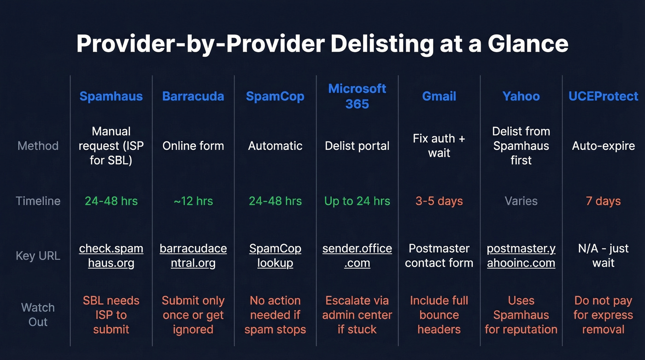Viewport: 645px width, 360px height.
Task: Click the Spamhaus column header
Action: tap(111, 96)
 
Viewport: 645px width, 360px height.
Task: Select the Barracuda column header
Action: tap(193, 96)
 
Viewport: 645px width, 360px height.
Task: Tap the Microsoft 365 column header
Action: tap(357, 96)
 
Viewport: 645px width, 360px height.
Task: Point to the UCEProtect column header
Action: tap(603, 96)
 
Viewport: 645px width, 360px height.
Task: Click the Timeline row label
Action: tap(38, 201)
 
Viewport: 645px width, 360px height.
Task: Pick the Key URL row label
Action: tap(38, 256)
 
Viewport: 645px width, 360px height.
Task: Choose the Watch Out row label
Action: tap(38, 315)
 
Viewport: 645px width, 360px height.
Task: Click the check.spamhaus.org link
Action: tap(111, 256)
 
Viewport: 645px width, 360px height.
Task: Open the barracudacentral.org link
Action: tap(193, 256)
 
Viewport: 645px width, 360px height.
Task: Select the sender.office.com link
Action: tap(357, 256)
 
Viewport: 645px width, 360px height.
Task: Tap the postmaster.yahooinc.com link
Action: tap(521, 256)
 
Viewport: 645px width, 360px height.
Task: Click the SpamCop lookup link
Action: tap(275, 256)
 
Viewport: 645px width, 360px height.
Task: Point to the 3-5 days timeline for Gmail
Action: tap(439, 201)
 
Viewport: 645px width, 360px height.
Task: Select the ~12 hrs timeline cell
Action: tap(193, 201)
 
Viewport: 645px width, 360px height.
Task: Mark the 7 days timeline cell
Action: tap(603, 201)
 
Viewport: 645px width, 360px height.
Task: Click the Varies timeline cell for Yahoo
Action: tap(521, 201)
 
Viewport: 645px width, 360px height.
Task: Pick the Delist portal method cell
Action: tap(357, 146)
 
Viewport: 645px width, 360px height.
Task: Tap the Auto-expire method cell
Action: tap(603, 146)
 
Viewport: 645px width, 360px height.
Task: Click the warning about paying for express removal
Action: tap(603, 315)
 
